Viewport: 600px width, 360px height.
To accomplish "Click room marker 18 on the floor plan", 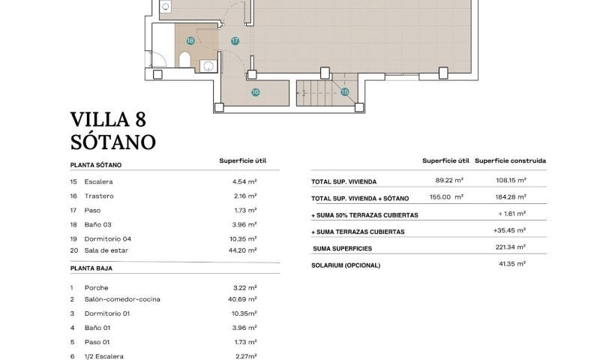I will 190,40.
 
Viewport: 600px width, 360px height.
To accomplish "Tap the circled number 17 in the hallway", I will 235,40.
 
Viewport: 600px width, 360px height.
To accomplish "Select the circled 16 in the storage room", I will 255,92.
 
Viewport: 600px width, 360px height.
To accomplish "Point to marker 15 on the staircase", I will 345,92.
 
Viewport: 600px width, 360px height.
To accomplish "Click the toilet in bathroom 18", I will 185,60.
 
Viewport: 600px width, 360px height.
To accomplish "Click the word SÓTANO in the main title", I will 112,140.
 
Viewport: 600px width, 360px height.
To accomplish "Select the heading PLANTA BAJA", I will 91,268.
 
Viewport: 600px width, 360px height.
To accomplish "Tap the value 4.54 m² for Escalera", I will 244,181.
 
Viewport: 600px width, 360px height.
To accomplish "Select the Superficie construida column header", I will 510,160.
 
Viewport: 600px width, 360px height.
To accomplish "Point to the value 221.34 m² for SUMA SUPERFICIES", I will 510,247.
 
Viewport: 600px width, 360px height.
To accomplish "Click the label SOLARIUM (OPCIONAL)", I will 346,265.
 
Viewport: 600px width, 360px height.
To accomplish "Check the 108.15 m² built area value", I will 510,181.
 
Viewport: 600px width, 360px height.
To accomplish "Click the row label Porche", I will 96,287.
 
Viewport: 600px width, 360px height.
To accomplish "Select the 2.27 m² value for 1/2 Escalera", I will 245,356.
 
